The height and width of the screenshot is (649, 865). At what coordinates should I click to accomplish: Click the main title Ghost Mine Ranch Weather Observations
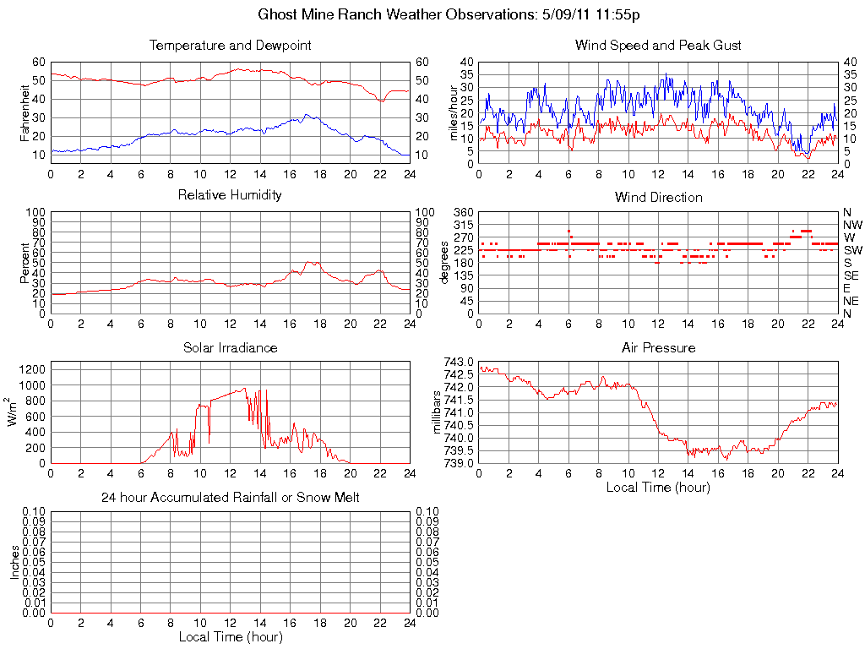tap(449, 14)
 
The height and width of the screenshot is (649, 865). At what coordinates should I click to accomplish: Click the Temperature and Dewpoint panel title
tap(230, 45)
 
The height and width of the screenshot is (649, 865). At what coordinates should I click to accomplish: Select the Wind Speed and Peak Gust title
tap(658, 45)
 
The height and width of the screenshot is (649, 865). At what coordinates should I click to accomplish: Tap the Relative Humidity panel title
tap(230, 195)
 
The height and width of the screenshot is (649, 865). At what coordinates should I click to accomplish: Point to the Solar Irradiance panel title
tap(230, 347)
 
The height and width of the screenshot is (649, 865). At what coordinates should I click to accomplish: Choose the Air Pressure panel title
tap(658, 347)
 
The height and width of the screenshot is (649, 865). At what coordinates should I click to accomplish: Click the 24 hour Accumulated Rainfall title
tap(230, 498)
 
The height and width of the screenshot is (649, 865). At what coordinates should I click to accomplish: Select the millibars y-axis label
tap(437, 412)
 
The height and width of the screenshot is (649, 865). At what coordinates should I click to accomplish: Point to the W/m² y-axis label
tap(14, 412)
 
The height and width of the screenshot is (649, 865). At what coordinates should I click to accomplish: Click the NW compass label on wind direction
tap(852, 225)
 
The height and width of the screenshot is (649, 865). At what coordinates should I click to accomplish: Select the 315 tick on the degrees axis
tap(464, 225)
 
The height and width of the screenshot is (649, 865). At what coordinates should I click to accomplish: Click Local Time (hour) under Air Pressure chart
tap(658, 487)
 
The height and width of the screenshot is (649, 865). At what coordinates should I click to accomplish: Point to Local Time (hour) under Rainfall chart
tap(230, 636)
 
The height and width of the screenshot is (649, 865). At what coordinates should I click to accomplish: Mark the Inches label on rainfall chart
tap(14, 562)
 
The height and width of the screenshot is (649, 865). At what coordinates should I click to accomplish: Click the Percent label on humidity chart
tap(26, 262)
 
